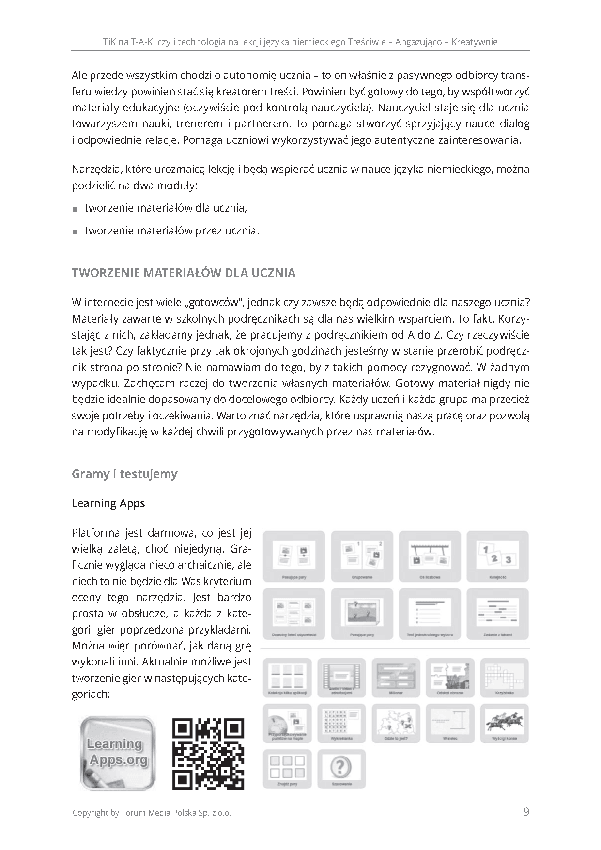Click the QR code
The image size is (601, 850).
(208, 754)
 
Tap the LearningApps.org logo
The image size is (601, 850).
(118, 754)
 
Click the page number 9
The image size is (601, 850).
(526, 812)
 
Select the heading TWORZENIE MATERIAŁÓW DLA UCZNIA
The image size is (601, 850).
(184, 273)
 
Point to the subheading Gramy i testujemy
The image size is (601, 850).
(124, 474)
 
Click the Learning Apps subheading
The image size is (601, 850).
(108, 504)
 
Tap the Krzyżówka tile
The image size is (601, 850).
(504, 678)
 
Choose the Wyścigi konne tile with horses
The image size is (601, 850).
(504, 723)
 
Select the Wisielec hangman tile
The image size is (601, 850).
(450, 723)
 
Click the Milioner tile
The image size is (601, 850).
(396, 678)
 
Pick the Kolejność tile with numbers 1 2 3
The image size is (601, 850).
(497, 556)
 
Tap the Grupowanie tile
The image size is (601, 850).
(362, 556)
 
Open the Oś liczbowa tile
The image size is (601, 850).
(430, 556)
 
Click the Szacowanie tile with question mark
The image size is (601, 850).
(341, 769)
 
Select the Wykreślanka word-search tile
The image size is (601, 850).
(341, 723)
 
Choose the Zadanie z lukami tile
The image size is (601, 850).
(497, 614)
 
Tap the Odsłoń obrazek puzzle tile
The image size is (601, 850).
(450, 678)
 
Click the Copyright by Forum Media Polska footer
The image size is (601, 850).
(152, 813)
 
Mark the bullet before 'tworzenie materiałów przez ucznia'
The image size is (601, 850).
(75, 232)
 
